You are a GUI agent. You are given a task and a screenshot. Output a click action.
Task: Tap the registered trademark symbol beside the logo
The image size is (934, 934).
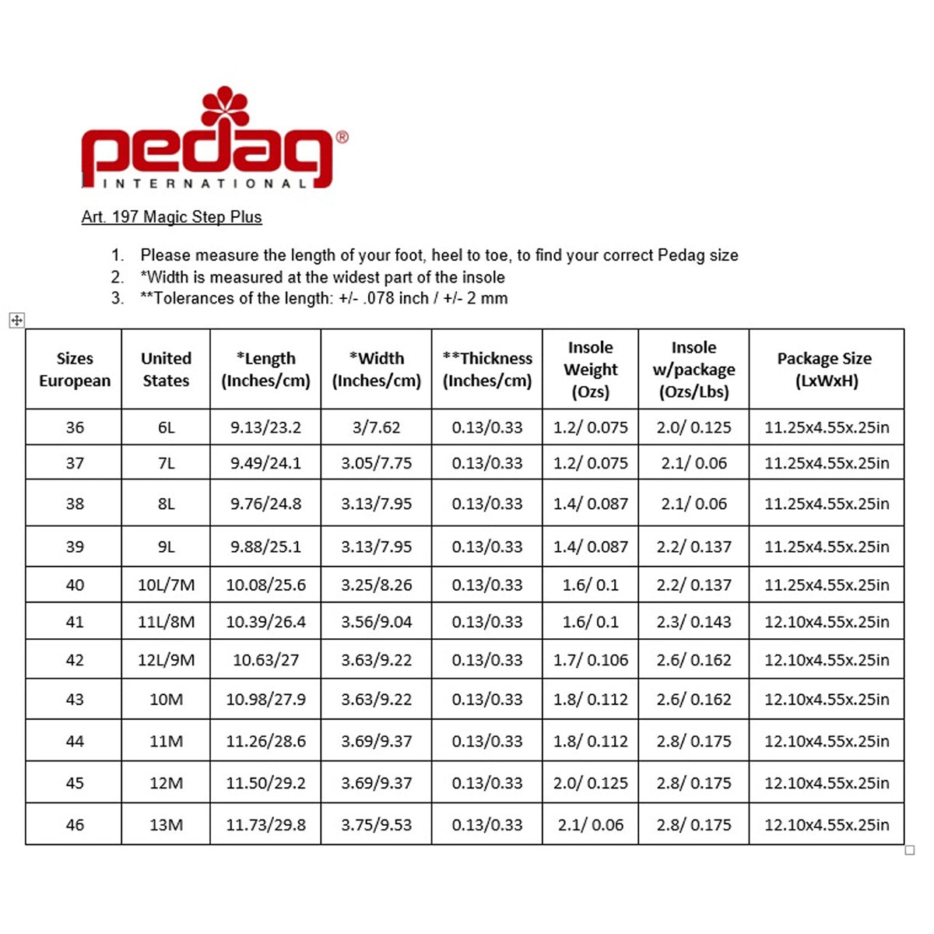[342, 137]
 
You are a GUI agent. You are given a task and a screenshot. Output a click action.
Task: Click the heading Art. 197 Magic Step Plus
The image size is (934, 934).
[171, 217]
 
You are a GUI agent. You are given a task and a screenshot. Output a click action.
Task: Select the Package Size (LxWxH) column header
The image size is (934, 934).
[826, 370]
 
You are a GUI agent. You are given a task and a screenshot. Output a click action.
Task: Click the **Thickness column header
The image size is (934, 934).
[487, 370]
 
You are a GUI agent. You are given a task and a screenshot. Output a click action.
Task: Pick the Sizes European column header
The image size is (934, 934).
[75, 370]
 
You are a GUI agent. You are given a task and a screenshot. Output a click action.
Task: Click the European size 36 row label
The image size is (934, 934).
[75, 427]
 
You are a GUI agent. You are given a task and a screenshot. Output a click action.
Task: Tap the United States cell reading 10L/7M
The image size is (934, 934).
[166, 585]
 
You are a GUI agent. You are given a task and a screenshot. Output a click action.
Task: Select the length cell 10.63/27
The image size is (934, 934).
[265, 660]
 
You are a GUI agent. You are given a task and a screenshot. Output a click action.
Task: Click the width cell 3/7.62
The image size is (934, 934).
[377, 427]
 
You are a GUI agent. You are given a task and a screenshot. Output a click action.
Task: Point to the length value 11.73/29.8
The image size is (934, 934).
[265, 825]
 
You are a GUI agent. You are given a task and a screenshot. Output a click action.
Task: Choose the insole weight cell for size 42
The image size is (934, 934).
[590, 660]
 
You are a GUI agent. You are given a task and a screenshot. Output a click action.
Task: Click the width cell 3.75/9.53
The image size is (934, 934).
[377, 825]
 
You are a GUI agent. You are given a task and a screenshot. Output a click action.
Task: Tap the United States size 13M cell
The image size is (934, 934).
[166, 825]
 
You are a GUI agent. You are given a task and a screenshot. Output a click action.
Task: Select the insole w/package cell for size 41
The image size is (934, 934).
[693, 622]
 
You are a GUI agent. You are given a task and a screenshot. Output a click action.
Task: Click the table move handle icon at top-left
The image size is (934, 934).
[17, 320]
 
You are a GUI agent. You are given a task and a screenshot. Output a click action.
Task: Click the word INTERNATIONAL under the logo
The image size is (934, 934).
[205, 184]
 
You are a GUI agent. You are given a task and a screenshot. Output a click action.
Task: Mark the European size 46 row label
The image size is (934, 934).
[75, 825]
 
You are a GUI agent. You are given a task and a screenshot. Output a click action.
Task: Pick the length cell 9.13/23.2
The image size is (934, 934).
[265, 427]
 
